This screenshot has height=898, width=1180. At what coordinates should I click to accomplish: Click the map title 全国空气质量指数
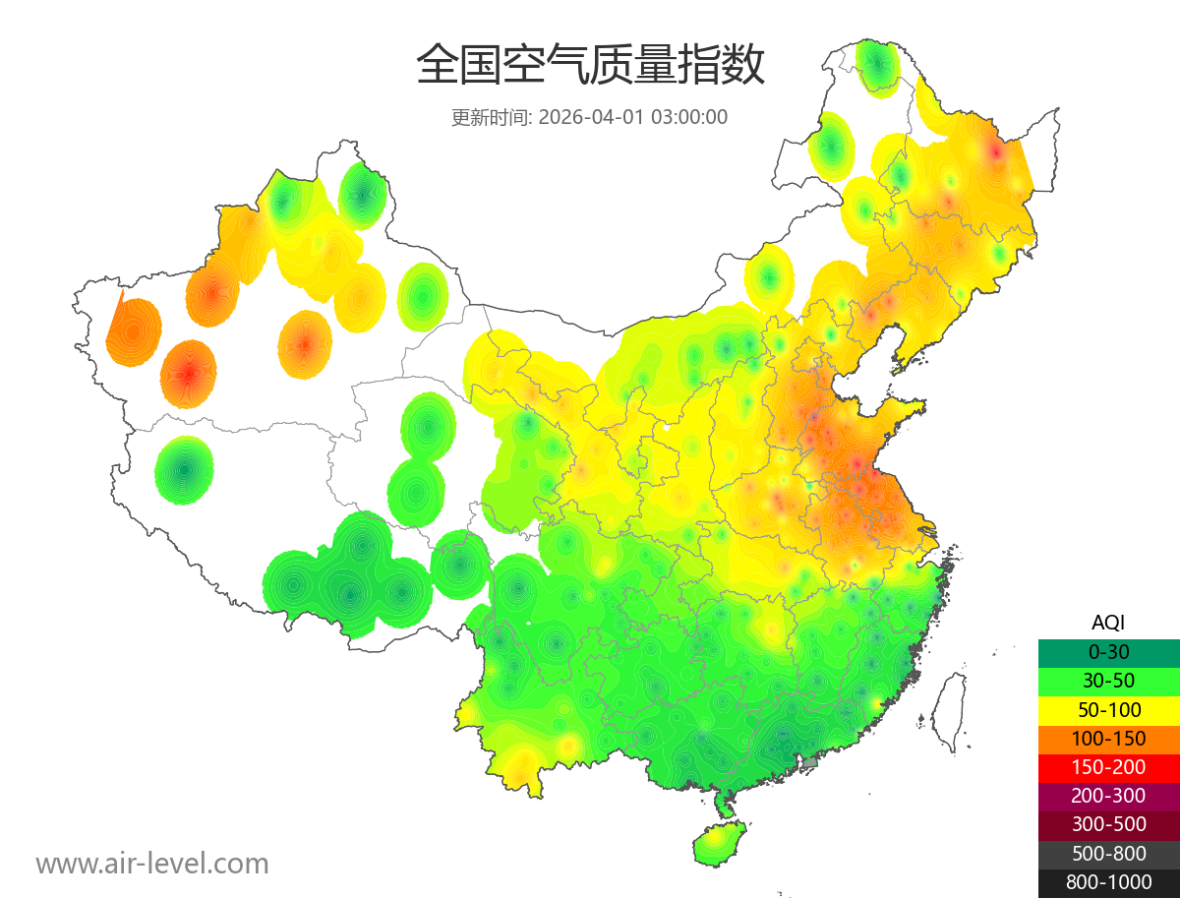590,66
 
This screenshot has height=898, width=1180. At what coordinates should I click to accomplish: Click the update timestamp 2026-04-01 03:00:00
633,117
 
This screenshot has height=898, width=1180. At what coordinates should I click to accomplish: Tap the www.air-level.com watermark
152,864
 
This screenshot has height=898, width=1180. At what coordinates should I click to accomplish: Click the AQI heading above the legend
1108,622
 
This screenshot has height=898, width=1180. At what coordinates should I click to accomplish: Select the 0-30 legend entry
1108,651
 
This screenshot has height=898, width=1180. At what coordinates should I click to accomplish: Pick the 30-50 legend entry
1108,681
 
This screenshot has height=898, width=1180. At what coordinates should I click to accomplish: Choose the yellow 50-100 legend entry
1108,709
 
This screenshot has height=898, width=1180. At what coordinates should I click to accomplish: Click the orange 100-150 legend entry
1108,738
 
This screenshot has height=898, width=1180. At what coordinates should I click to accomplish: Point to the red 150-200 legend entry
1108,767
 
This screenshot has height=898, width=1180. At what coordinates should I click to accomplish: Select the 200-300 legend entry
1108,796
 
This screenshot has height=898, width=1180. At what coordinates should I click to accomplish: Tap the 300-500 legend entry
1108,824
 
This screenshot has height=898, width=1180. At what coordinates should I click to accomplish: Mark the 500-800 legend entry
1108,854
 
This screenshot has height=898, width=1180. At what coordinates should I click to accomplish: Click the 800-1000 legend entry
1108,882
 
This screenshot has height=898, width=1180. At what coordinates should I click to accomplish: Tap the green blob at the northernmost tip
877,66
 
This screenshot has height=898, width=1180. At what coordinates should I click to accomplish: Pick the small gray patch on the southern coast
810,761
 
